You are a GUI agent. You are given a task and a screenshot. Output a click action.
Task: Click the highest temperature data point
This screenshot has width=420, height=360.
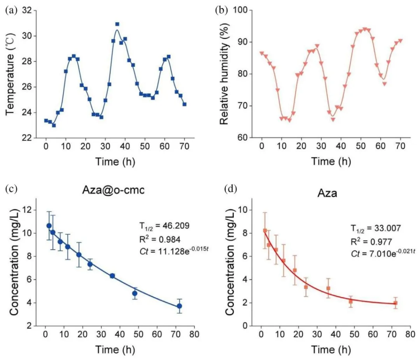click(x=117, y=24)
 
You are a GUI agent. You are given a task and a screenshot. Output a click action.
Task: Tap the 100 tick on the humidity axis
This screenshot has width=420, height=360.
click(x=240, y=10)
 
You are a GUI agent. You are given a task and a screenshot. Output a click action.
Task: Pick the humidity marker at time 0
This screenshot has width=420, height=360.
click(x=262, y=54)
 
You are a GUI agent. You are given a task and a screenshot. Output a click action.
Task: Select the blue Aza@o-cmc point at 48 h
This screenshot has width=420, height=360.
click(x=135, y=293)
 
